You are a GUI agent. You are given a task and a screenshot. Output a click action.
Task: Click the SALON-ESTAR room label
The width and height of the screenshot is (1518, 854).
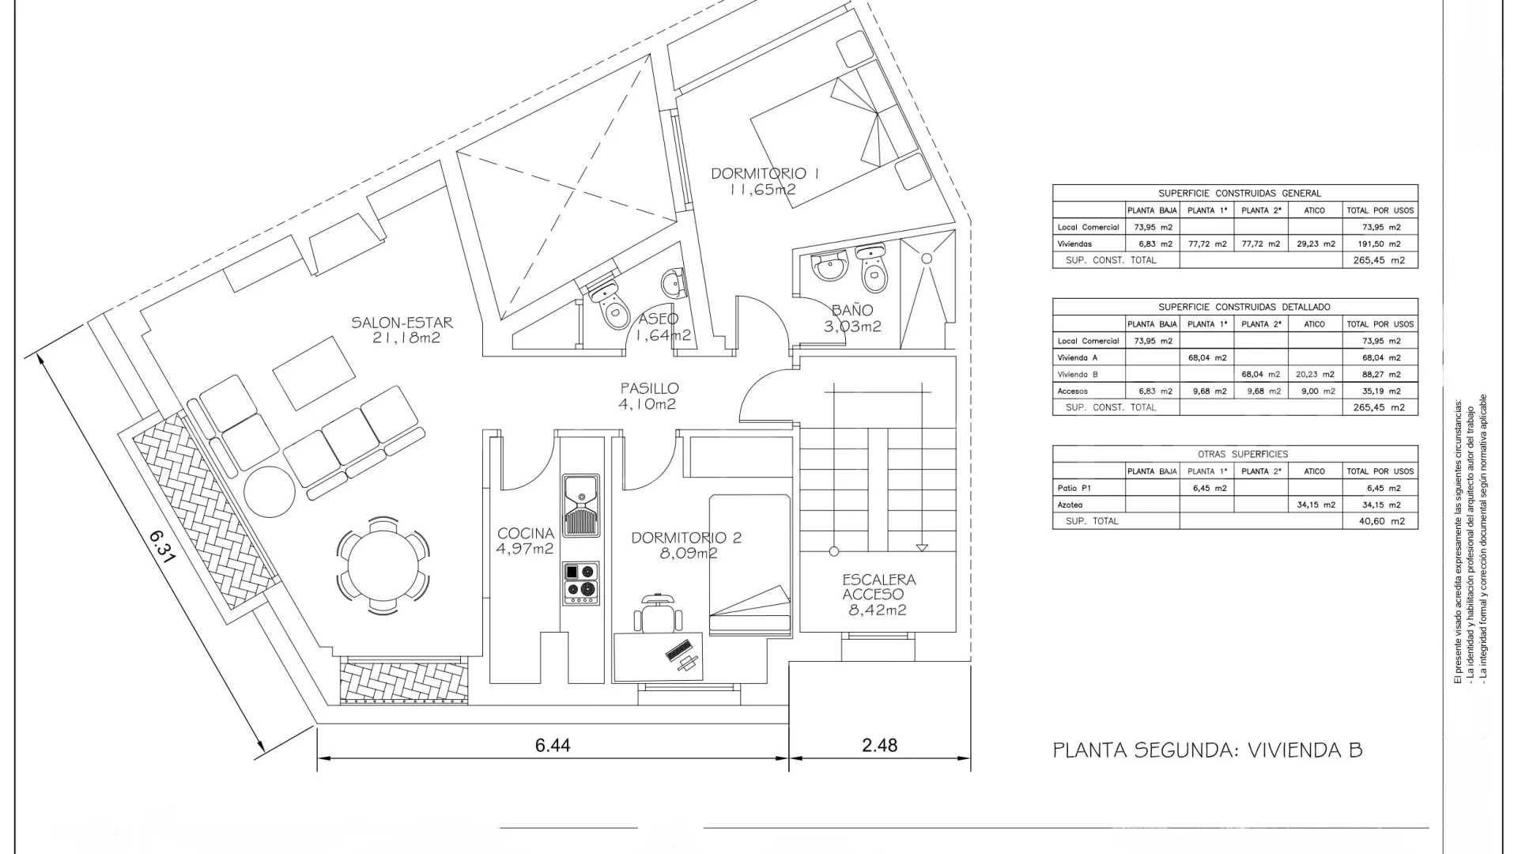coord(402,323)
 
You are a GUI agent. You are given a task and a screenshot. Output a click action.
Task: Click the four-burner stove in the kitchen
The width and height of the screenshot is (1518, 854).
coord(581,584)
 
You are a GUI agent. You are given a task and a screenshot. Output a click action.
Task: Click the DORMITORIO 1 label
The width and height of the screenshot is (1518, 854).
coord(764,173)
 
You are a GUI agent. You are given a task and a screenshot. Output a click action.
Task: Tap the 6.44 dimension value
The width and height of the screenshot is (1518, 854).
coord(553,745)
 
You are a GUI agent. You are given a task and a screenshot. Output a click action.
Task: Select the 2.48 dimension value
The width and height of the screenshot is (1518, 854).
coord(880,745)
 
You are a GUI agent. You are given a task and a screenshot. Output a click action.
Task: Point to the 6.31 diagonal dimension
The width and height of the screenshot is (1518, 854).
coord(162,546)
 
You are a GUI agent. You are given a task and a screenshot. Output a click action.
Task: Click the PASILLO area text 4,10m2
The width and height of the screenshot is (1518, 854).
coord(648,404)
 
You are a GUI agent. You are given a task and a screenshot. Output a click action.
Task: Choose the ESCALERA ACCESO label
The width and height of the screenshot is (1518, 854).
coord(878,587)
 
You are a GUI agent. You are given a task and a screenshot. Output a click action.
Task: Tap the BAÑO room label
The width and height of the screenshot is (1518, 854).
coord(852,310)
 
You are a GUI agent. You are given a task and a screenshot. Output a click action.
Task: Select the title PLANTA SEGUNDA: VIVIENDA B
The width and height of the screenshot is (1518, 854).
coord(1208,750)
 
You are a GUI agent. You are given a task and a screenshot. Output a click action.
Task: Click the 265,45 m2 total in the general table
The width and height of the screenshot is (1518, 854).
coord(1380,260)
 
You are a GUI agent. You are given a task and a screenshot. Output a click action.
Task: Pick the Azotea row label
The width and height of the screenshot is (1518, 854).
coord(1070,504)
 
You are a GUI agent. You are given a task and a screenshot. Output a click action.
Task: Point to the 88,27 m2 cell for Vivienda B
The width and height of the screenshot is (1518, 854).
coord(1380,374)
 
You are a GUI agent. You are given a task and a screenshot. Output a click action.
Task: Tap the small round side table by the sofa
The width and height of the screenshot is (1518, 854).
coord(270,492)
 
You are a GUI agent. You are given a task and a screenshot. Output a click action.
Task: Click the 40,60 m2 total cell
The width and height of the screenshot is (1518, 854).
coord(1380,521)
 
